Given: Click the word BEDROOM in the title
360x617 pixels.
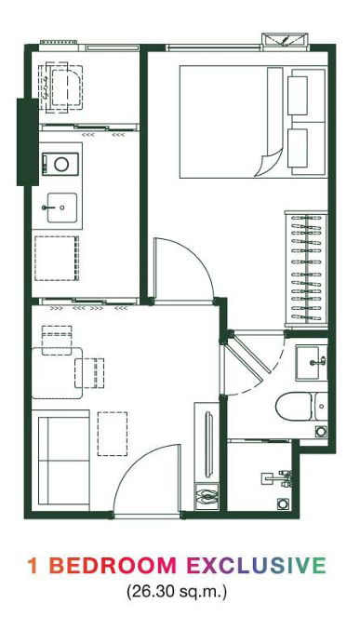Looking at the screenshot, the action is point(113,566).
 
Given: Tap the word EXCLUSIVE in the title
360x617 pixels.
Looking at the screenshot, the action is point(256,566).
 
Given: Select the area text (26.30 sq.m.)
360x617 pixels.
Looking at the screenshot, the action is point(177,591).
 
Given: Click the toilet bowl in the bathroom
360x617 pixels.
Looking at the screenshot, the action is point(295,407).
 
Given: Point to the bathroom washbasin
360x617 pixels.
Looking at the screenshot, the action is point(312,363).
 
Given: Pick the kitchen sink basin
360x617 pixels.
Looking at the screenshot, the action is point(62,208).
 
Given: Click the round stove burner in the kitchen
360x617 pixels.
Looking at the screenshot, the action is point(61,164).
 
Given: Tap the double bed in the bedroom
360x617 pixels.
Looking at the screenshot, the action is point(254,122).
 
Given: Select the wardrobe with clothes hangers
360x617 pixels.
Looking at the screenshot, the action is point(306,270).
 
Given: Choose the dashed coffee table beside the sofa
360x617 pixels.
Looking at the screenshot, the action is point(113,434).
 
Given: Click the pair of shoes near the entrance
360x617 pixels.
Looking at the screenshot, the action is point(207,497).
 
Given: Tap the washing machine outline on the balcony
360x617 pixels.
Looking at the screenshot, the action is point(60,89).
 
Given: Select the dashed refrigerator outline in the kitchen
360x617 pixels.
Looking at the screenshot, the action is point(57,258).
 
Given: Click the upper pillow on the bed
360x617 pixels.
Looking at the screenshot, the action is point(298,96).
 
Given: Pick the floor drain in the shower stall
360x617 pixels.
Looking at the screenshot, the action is point(282,503).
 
